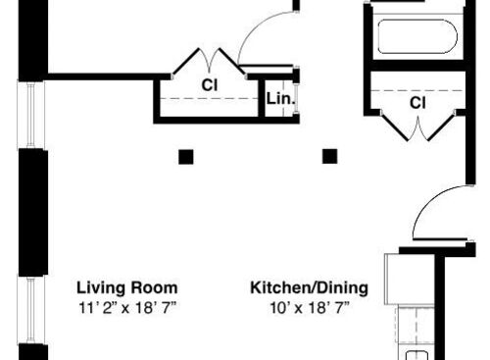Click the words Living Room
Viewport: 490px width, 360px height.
click(x=127, y=288)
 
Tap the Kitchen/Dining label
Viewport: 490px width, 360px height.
click(x=309, y=288)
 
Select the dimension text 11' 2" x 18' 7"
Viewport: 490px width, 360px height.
click(x=127, y=307)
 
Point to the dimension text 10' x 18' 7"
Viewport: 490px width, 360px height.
click(x=309, y=307)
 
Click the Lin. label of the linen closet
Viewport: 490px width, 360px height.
click(x=280, y=99)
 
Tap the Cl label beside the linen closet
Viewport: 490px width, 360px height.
click(x=210, y=85)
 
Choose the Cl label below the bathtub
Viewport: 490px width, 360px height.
click(x=417, y=101)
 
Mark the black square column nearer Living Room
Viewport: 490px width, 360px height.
click(x=185, y=156)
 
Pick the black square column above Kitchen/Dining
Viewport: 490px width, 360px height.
click(x=330, y=156)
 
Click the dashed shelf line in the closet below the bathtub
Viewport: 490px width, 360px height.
click(x=417, y=88)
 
